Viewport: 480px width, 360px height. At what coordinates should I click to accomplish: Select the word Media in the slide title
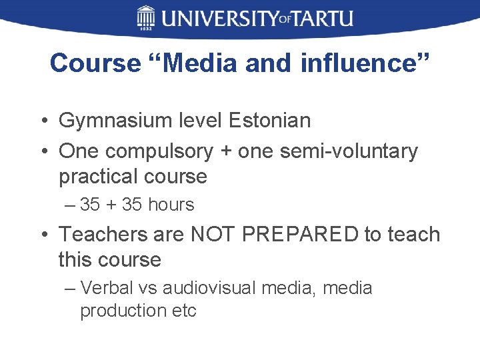coord(201,63)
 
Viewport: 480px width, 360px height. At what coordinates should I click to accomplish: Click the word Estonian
coord(269,121)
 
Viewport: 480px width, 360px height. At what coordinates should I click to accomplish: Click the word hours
coord(171,205)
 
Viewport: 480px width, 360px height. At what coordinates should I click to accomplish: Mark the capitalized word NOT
coord(214,235)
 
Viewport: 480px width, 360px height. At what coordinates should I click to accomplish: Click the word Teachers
coord(103,235)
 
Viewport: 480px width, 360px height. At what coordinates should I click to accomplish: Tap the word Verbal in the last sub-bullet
coord(105,289)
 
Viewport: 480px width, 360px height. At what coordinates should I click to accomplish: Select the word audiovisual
coord(210,289)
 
